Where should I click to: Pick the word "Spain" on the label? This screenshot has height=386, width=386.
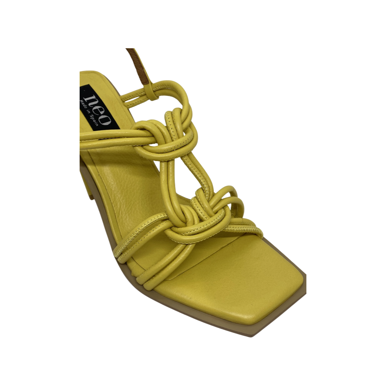94,120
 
